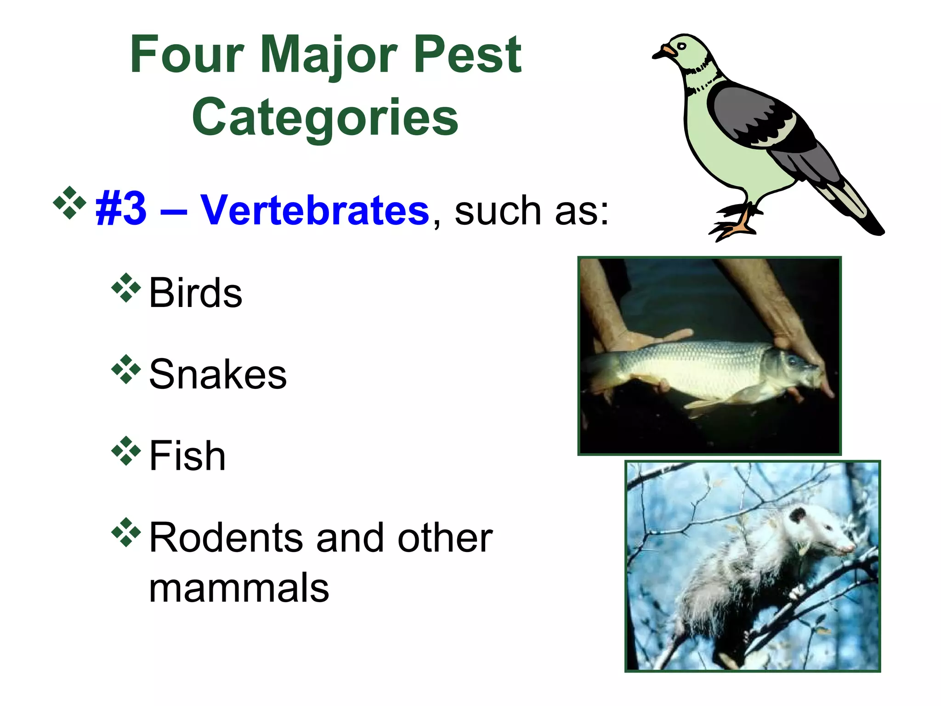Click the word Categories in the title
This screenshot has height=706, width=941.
[x=325, y=118]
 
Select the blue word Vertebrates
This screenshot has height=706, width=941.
[x=315, y=211]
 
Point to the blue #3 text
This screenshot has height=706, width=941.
[x=120, y=211]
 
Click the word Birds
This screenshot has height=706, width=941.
[x=196, y=293]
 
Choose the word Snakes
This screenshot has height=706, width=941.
[x=218, y=375]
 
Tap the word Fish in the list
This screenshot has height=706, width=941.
[x=187, y=456]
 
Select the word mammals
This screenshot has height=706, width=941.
[x=239, y=588]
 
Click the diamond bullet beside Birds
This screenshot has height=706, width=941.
[x=125, y=288]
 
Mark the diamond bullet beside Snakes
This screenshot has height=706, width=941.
[x=125, y=370]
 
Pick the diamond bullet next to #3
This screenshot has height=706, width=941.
[x=69, y=202]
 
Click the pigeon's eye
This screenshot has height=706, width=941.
[x=681, y=46]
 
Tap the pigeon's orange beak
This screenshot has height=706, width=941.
[x=667, y=51]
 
